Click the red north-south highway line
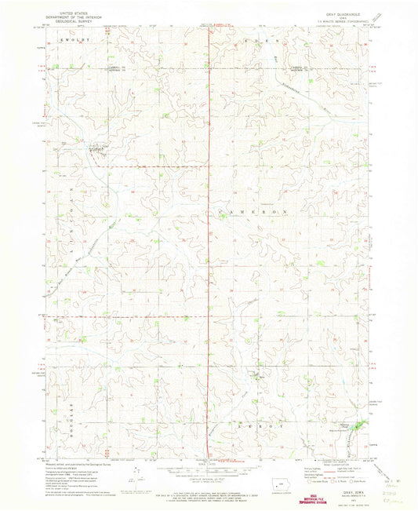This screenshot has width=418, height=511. click(x=209, y=235)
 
